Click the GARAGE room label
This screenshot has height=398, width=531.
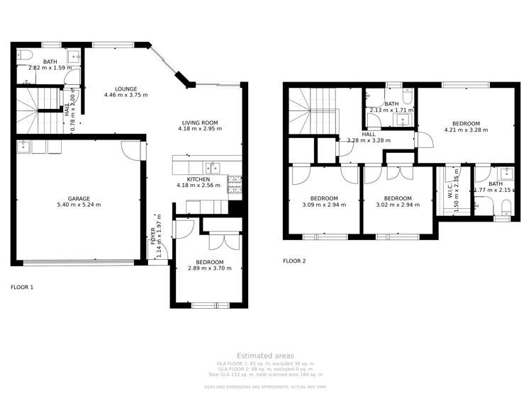79,198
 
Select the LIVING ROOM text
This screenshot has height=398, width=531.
200,123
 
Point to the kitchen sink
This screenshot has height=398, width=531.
212,168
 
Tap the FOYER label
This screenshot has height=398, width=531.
152,236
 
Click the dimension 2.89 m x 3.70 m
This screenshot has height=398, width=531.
209,268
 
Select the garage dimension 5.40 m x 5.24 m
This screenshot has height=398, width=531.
79,205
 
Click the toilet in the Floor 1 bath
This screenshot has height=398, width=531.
24,55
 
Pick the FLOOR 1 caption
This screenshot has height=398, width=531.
22,288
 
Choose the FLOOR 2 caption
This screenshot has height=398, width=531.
294,261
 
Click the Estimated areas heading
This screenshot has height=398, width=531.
265,356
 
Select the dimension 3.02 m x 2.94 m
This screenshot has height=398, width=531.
397,205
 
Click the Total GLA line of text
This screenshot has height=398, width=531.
269,374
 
